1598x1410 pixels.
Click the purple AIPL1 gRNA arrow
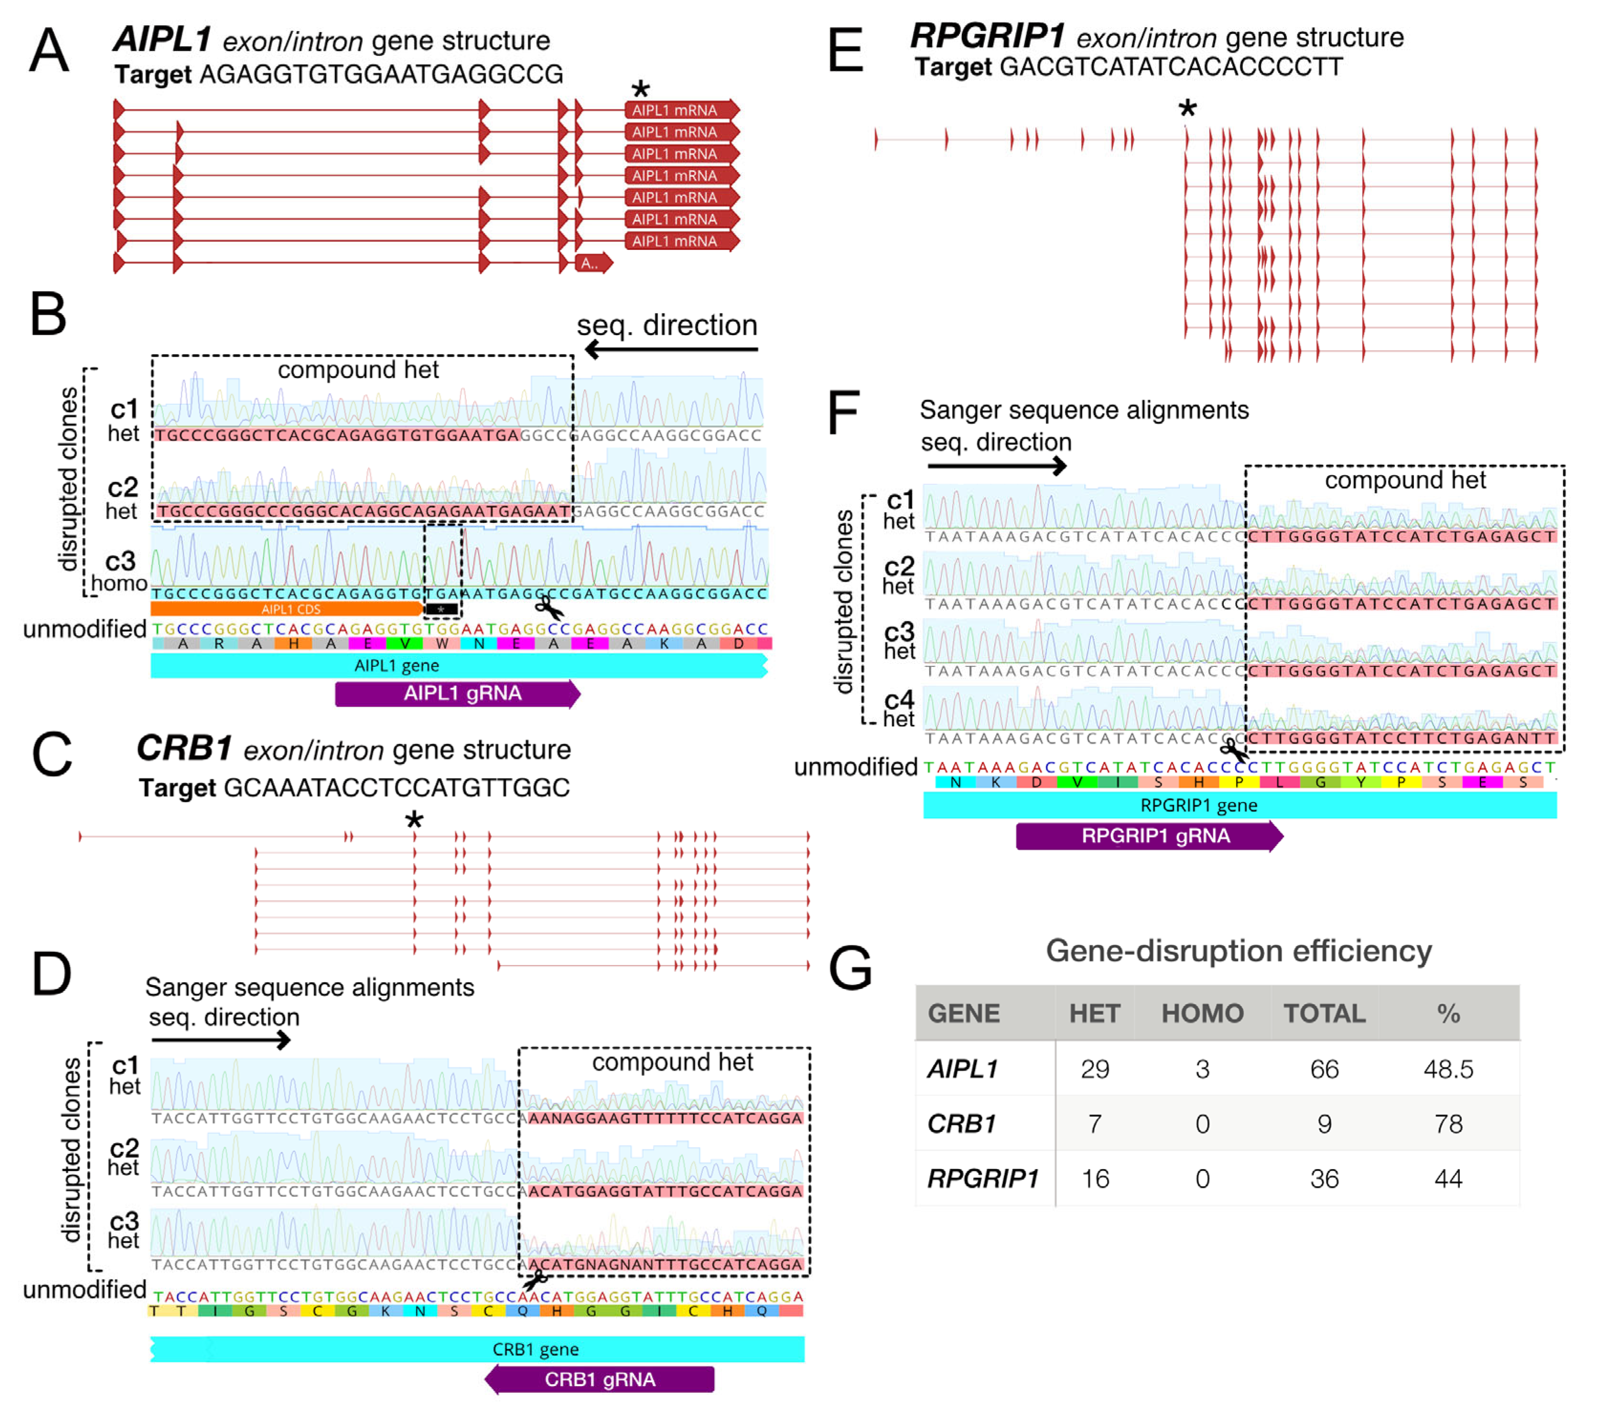[457, 693]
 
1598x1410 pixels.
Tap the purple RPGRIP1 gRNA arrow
[1149, 836]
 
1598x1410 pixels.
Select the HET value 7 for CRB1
[1095, 1124]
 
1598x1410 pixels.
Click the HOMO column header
[1202, 1014]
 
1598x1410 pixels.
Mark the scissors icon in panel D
[535, 1280]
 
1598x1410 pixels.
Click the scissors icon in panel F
[1234, 750]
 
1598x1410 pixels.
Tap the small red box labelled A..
[592, 263]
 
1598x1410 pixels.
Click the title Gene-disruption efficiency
[1239, 951]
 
